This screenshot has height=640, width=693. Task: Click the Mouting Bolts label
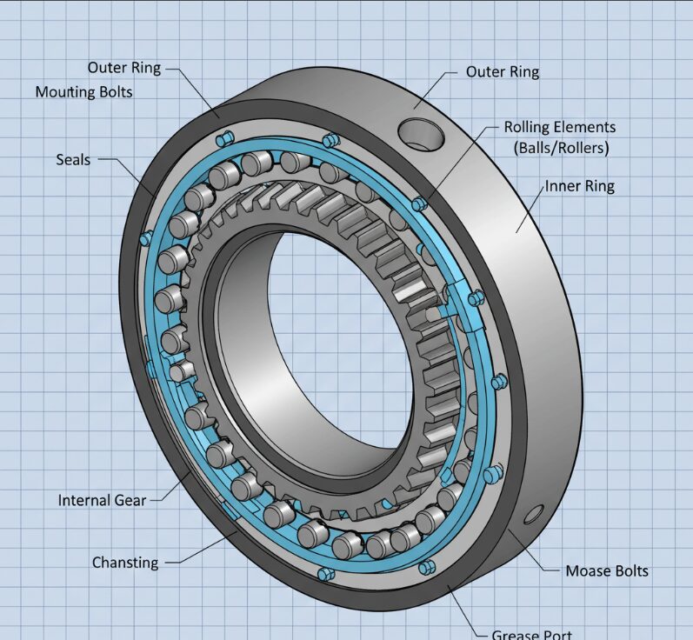(83, 91)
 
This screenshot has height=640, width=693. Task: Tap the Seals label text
(73, 159)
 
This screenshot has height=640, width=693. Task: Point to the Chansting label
(125, 563)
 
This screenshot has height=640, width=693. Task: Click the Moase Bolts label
(607, 571)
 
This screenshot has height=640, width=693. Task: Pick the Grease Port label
(531, 634)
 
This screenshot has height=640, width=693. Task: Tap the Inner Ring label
(580, 186)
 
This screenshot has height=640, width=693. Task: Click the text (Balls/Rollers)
(561, 148)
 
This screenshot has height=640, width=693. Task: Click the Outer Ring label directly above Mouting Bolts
(123, 68)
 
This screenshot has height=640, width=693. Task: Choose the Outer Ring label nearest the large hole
(503, 71)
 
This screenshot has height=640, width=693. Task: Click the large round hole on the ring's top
(421, 134)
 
